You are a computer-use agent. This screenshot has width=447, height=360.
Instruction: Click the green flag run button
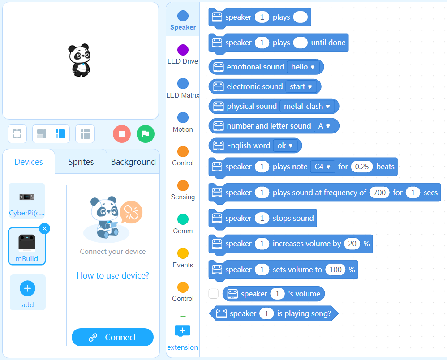click(x=146, y=134)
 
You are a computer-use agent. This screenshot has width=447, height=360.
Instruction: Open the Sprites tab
click(x=81, y=162)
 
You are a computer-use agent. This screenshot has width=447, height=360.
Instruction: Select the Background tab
click(x=133, y=162)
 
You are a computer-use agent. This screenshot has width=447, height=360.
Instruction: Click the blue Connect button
click(x=112, y=337)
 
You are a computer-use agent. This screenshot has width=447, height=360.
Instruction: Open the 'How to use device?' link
click(x=113, y=275)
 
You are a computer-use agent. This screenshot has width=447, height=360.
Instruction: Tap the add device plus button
click(x=27, y=289)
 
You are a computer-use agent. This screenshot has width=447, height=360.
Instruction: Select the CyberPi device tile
click(x=27, y=200)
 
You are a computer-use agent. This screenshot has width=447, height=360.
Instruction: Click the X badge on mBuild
click(x=44, y=229)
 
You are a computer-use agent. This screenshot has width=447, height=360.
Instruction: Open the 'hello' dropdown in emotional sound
click(x=303, y=67)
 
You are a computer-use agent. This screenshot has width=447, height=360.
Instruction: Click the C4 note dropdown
click(x=322, y=167)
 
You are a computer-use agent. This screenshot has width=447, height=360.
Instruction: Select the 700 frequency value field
click(x=379, y=193)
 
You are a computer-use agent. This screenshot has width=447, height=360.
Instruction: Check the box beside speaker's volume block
click(x=214, y=294)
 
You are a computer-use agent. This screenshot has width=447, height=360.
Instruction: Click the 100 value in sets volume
click(x=335, y=270)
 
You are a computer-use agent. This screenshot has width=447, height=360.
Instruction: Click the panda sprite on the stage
click(x=80, y=60)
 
